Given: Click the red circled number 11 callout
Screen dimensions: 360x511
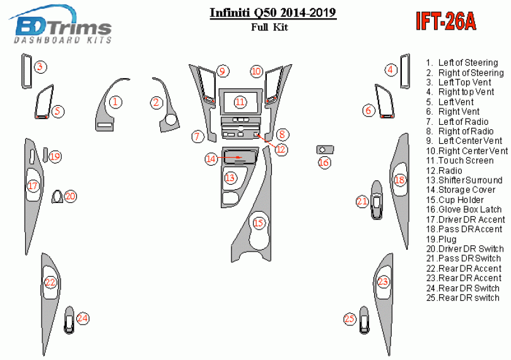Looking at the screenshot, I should pyautogui.click(x=240, y=102).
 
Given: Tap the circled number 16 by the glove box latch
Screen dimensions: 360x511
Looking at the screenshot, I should pyautogui.click(x=324, y=163).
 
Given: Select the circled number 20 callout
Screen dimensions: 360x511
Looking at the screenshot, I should pyautogui.click(x=70, y=196).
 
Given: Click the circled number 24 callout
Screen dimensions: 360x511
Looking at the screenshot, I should pyautogui.click(x=83, y=318).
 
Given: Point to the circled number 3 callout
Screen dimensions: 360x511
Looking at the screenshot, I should pyautogui.click(x=40, y=67).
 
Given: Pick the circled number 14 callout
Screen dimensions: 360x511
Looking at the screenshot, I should pyautogui.click(x=211, y=159).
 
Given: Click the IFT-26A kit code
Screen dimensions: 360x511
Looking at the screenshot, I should pyautogui.click(x=445, y=23).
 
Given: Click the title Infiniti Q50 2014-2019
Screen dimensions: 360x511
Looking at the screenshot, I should pyautogui.click(x=273, y=13).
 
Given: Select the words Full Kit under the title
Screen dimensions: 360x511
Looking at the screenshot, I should pyautogui.click(x=273, y=28).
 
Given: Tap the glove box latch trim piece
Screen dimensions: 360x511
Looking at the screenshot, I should pyautogui.click(x=324, y=149).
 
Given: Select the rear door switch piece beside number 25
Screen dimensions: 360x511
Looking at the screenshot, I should pyautogui.click(x=365, y=320).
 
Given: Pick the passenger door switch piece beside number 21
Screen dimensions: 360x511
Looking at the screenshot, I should pyautogui.click(x=377, y=202).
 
